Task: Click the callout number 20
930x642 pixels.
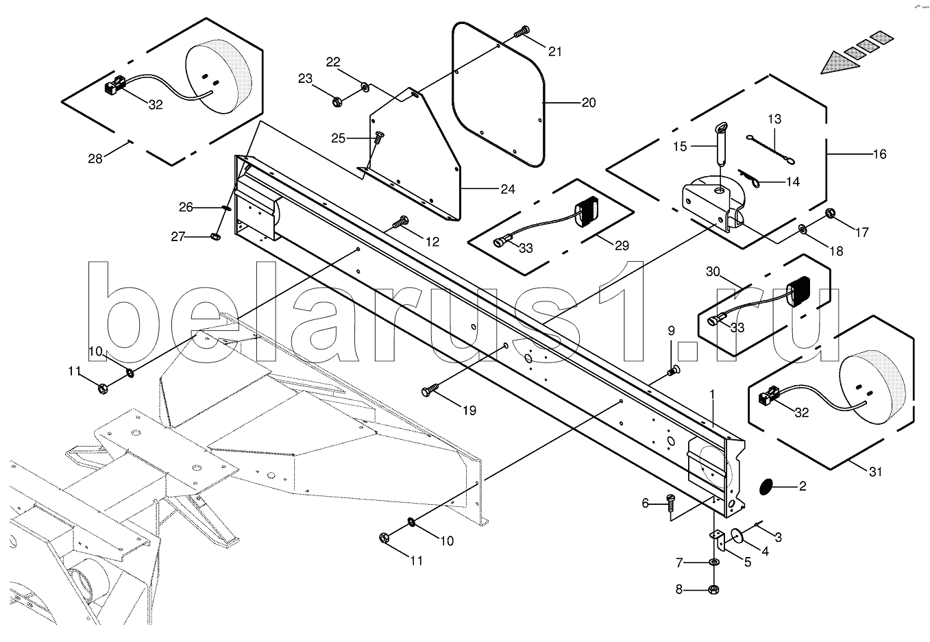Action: click(x=589, y=103)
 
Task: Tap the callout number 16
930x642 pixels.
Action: click(x=879, y=153)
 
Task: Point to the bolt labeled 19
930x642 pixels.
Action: click(x=431, y=391)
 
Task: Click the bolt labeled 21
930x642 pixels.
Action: click(x=523, y=31)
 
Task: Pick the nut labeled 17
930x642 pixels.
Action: click(x=829, y=213)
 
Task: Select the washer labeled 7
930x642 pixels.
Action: click(x=713, y=563)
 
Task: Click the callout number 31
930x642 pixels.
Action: click(x=876, y=471)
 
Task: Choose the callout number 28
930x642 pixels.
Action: click(x=95, y=159)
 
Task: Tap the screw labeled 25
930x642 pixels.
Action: click(x=378, y=139)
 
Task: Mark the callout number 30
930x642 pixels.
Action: click(x=713, y=272)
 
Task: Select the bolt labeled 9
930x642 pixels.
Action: click(x=673, y=371)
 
